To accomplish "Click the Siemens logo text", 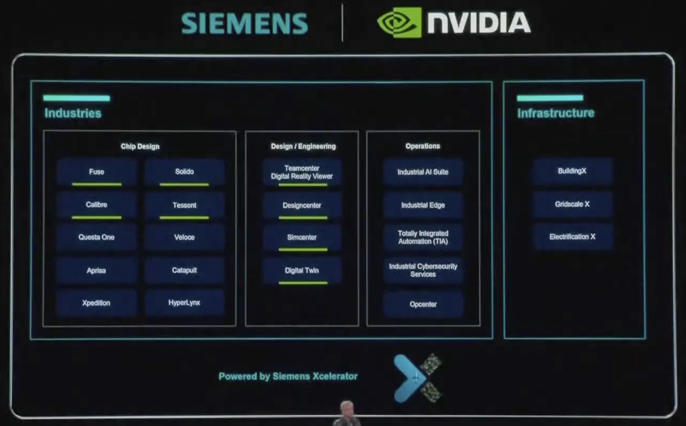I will coord(244,24).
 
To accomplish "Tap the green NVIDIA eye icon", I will coord(399,22).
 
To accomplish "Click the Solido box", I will coord(185,172).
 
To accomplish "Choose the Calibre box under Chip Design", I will coord(97,205).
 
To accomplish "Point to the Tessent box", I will coord(185,205).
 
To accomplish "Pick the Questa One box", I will coord(97,237).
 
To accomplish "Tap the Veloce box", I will coord(185,237).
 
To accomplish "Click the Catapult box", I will coord(185,270).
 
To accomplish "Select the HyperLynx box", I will coord(185,303).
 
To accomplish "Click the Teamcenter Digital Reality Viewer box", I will coord(302,172).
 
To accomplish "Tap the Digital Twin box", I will coord(302,271).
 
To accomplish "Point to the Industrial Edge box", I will coord(423,205).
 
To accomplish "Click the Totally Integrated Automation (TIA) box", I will coord(423,237).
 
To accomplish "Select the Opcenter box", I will coord(423,304).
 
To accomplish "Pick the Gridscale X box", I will coord(572,204).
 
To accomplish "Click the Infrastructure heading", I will coord(556,113).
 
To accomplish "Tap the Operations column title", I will coord(423,146).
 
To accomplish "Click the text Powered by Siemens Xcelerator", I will coord(288,376).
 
